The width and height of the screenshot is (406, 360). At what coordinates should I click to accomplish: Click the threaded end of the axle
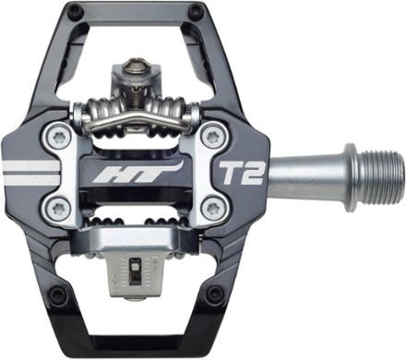382,178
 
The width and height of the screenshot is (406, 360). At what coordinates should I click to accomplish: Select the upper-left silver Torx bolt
59,138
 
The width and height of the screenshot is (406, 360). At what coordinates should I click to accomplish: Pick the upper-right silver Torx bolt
212,137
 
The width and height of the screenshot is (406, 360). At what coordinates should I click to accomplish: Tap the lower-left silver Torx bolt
59,209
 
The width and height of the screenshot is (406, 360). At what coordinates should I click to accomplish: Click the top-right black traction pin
195,11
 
